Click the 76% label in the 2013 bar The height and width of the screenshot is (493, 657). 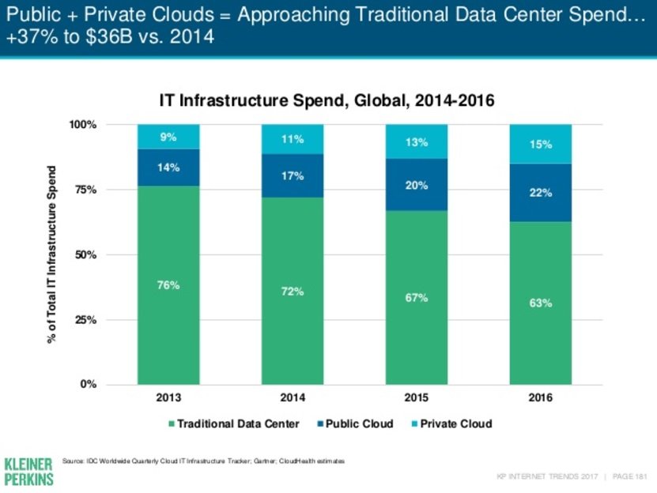point(168,285)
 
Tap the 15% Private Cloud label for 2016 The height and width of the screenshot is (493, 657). point(541,145)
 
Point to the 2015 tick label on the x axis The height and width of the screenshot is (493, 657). point(417,397)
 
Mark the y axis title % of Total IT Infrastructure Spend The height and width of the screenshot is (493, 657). point(52,254)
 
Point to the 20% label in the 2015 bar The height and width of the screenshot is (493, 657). point(417,186)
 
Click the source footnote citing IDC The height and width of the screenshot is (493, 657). point(203,460)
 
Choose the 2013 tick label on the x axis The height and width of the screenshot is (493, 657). point(168,397)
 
